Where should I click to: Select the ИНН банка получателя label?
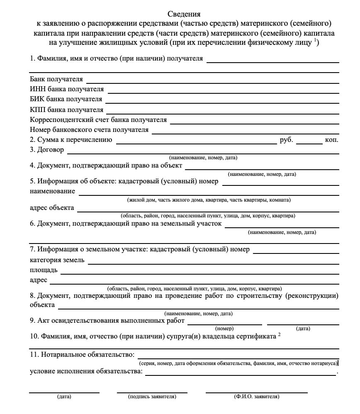pos(67,89)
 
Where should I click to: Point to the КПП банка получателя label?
pos(66,110)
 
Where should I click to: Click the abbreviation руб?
pos(286,140)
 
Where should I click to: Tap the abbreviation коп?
pos(332,140)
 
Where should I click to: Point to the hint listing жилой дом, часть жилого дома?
pos(209,200)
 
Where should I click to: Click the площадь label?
pos(44,270)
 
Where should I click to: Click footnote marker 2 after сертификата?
pos(280,335)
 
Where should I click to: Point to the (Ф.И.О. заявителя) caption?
pos(256,397)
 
